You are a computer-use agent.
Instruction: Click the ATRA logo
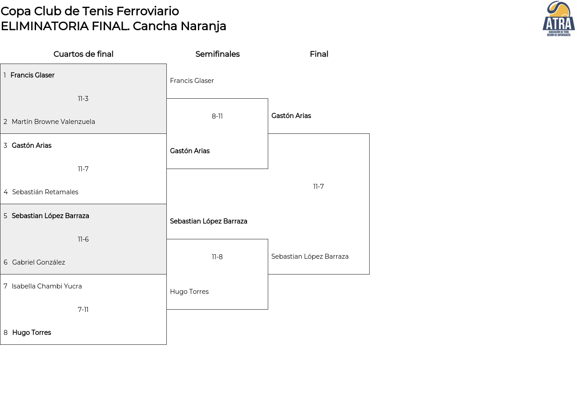click(x=559, y=18)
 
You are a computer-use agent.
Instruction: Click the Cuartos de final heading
click(x=83, y=54)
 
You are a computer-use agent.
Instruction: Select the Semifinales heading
click(x=217, y=54)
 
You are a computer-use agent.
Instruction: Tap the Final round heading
click(x=319, y=54)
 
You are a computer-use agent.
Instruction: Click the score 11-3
click(x=83, y=99)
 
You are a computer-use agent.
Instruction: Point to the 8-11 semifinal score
click(x=217, y=116)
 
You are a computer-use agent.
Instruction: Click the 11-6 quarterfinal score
click(x=83, y=239)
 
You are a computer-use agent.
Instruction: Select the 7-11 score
click(x=83, y=309)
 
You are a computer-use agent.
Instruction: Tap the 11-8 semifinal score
click(x=217, y=257)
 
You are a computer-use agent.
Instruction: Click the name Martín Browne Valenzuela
click(x=53, y=122)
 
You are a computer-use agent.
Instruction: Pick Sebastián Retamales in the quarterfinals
click(x=45, y=192)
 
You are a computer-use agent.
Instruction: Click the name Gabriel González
click(x=38, y=262)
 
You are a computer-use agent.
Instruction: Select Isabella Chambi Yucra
click(x=46, y=286)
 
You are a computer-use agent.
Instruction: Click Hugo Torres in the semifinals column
click(x=189, y=292)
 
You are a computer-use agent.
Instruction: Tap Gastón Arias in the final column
click(x=291, y=116)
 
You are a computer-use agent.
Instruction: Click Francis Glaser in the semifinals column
click(x=192, y=81)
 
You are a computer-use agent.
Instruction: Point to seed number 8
click(x=5, y=333)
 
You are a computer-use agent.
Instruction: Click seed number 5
click(x=5, y=216)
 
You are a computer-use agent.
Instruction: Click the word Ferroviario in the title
click(x=147, y=11)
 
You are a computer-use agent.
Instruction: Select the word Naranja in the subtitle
click(x=203, y=26)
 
